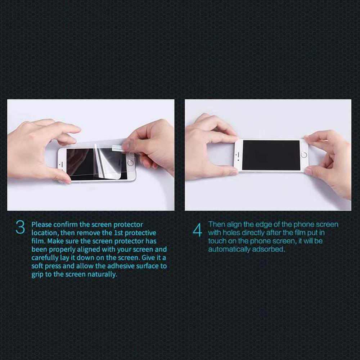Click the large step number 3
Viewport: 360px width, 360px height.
tap(20, 227)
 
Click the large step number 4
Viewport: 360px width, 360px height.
tap(197, 230)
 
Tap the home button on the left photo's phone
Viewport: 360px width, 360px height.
tap(130, 163)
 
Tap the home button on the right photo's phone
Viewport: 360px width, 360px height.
tap(304, 155)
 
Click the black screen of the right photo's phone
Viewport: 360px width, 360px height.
tap(271, 155)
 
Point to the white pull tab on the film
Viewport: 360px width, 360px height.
tap(118, 148)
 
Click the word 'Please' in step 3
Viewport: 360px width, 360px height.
tap(41, 225)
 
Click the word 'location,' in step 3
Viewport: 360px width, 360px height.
tap(45, 233)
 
